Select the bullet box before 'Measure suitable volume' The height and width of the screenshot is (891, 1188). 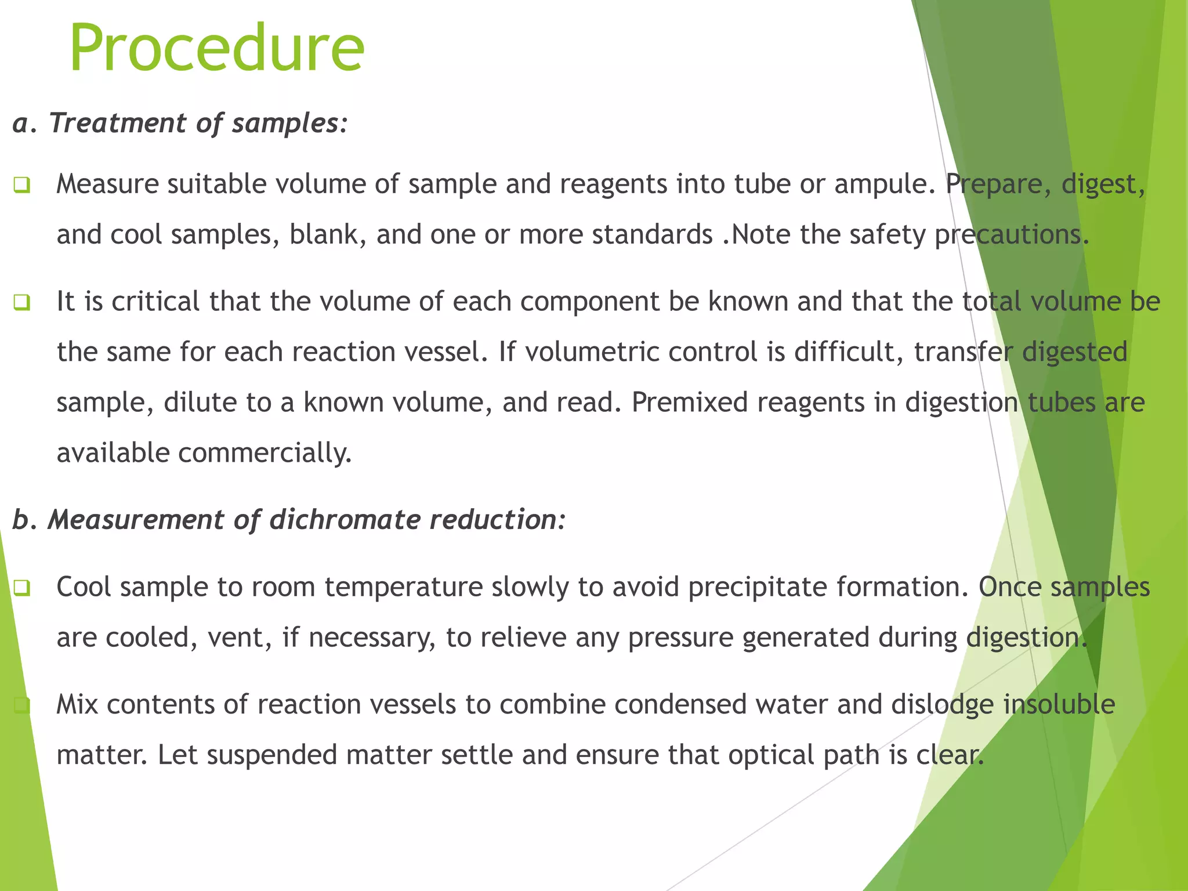tap(21, 186)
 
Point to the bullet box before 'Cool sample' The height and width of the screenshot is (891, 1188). tap(21, 588)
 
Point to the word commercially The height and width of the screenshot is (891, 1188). tap(265, 454)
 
